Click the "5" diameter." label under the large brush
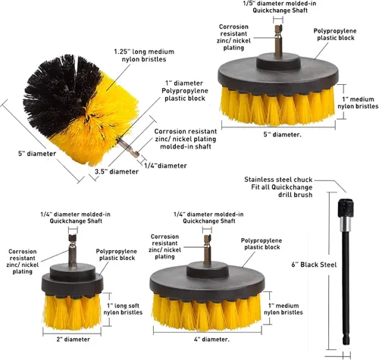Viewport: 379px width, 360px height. pyautogui.click(x=283, y=134)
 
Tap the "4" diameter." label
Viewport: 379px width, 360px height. pyautogui.click(x=211, y=339)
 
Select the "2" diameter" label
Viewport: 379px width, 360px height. pyautogui.click(x=74, y=339)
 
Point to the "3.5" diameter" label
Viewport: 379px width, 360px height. pyautogui.click(x=117, y=171)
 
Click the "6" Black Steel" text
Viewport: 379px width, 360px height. pyautogui.click(x=314, y=265)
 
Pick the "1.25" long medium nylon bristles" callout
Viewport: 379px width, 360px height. pyautogui.click(x=144, y=55)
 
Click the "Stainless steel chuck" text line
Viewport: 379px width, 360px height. pyautogui.click(x=278, y=180)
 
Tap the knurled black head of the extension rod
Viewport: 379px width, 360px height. pyautogui.click(x=346, y=208)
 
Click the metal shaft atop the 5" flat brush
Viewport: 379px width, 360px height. pyautogui.click(x=278, y=41)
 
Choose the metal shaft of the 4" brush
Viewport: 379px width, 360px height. pyautogui.click(x=207, y=249)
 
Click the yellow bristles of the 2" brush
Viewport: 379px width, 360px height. pyautogui.click(x=72, y=312)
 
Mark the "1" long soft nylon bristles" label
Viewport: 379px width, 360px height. pyautogui.click(x=123, y=309)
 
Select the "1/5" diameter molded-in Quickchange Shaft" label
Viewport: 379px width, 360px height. pyautogui.click(x=280, y=7)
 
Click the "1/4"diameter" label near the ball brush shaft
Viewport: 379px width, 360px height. pyautogui.click(x=165, y=166)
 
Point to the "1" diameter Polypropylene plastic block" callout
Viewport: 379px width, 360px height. pyautogui.click(x=185, y=91)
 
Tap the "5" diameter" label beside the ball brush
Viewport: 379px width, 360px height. pyautogui.click(x=37, y=153)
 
